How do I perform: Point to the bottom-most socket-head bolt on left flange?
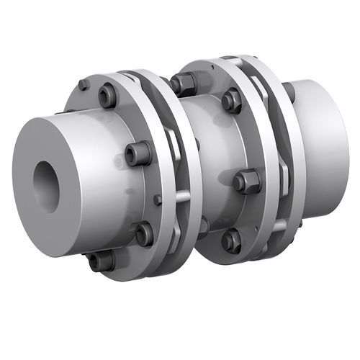click(x=100, y=261)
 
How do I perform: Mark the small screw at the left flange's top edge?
click(x=84, y=85)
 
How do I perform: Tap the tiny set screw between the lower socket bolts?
click(x=157, y=199)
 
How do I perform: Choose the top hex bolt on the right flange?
click(x=232, y=100)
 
